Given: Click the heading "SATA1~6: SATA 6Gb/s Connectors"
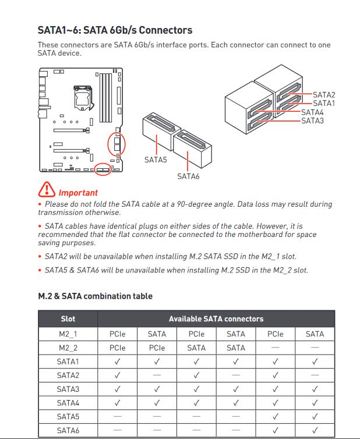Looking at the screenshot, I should (115, 30).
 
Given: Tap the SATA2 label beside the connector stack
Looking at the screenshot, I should (324, 95).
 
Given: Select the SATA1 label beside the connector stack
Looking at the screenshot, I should (324, 104).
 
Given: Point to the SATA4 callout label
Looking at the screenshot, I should (312, 112).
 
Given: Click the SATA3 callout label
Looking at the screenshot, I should (312, 121).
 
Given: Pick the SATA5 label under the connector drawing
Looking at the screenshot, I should (156, 159).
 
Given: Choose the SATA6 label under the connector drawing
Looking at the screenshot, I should (188, 176).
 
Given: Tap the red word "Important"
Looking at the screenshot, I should (78, 193).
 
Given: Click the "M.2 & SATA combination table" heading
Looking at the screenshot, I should (95, 296).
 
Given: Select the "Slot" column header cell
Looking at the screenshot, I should (68, 319).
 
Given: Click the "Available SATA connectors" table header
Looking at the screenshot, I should (216, 319).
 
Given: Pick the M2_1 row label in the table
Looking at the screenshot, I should (68, 334).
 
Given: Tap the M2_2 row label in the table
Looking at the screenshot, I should (68, 348).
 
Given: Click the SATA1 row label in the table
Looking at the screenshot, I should (68, 362).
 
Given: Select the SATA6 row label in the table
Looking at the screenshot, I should (68, 430).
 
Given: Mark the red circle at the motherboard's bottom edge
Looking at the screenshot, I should (104, 169).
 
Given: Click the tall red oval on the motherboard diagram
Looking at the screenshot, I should (117, 144).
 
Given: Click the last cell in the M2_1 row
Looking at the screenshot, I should (315, 334).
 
